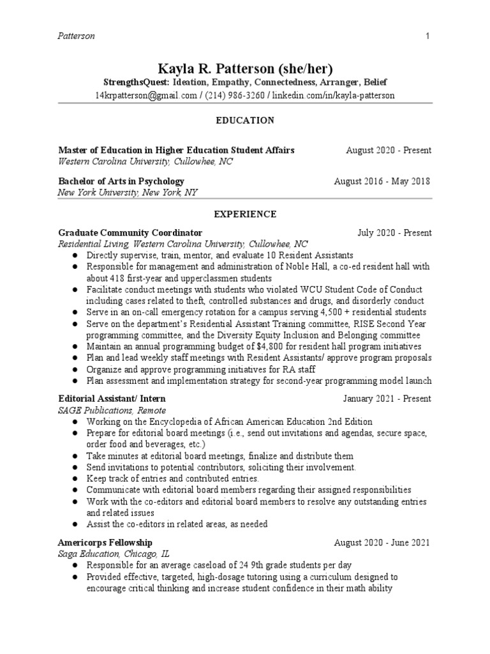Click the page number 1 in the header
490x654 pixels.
click(427, 36)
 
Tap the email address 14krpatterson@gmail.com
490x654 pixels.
click(146, 95)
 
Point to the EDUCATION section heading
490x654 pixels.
click(245, 120)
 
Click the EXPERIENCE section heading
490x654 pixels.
click(245, 214)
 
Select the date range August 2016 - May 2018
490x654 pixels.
click(382, 181)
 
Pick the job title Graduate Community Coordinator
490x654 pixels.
click(130, 233)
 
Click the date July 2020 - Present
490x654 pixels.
click(394, 233)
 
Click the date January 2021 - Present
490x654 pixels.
click(387, 399)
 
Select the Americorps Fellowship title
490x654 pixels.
click(105, 543)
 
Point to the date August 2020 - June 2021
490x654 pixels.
click(382, 543)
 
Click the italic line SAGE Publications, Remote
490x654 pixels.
click(112, 411)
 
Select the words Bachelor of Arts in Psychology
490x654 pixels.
click(121, 181)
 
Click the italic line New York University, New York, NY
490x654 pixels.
click(128, 192)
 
